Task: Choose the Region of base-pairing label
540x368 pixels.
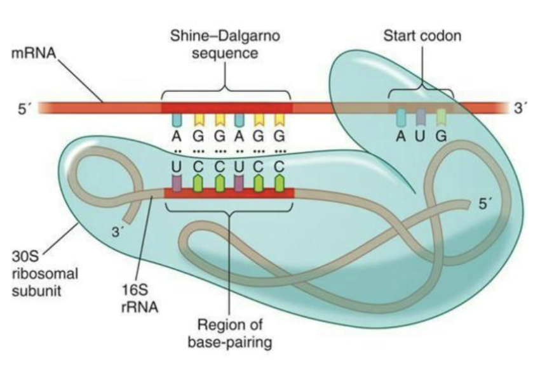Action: click(227, 334)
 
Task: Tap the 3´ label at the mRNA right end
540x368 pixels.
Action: click(520, 108)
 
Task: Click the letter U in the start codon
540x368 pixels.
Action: click(421, 136)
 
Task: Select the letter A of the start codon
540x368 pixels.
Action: click(400, 136)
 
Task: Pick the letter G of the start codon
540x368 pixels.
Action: click(442, 136)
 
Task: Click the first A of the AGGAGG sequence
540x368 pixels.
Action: click(178, 137)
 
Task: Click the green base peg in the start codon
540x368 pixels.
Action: click(442, 117)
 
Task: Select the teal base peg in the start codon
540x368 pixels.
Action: click(401, 117)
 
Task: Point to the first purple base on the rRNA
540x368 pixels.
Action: click(178, 181)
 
